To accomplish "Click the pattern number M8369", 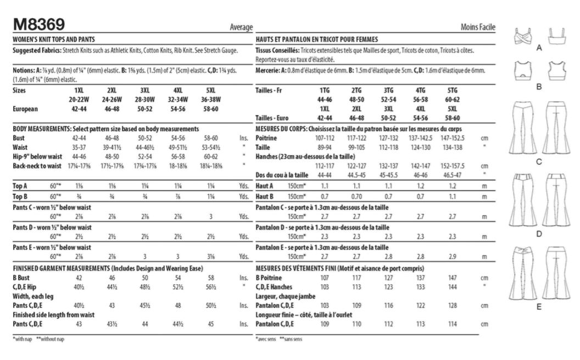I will tap(38, 24).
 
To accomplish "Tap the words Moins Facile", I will tap(478, 27).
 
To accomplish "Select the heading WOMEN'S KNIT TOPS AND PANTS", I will tap(53, 40).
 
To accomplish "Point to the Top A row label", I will tap(21, 187).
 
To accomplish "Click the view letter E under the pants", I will tap(539, 307).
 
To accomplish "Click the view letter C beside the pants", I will tap(539, 162).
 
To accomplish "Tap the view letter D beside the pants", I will tap(539, 234).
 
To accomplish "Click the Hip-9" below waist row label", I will tap(35, 156).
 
